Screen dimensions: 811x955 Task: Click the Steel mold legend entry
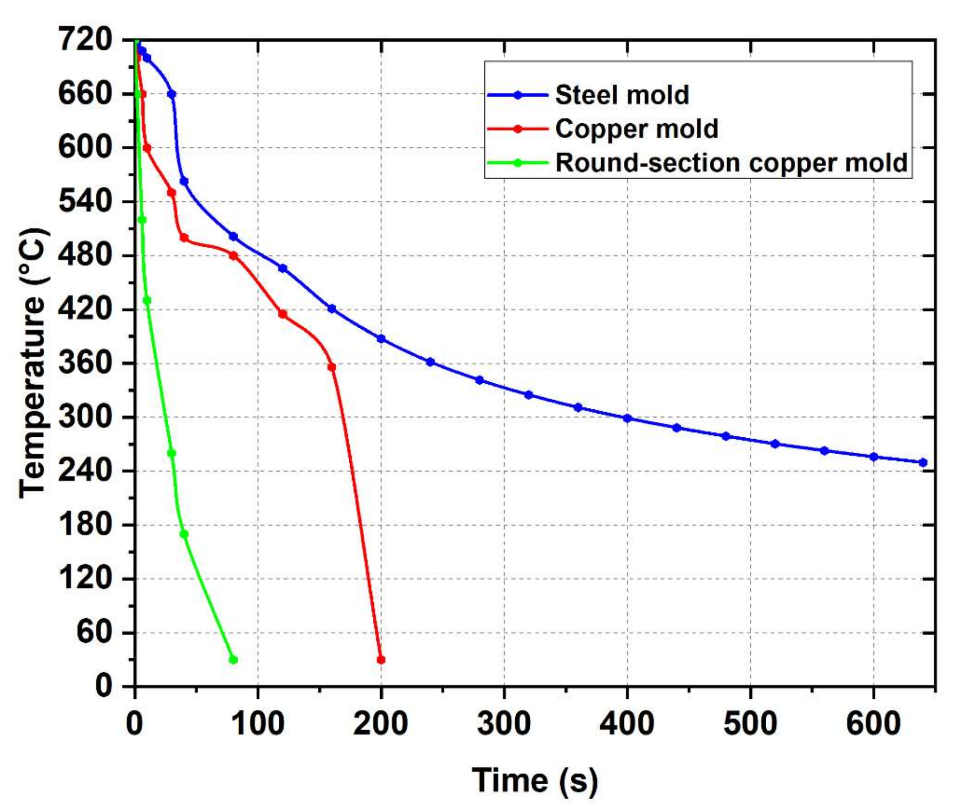[x=621, y=95]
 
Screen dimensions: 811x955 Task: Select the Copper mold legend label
[x=636, y=129]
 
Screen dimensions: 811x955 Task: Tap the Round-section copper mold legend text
[x=731, y=163]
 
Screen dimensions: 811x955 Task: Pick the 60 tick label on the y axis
[x=94, y=633]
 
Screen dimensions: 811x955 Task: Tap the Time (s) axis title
[x=535, y=780]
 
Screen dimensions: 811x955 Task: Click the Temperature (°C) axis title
[x=33, y=363]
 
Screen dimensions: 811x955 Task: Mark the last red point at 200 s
[x=381, y=660]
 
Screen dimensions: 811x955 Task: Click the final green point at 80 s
[x=233, y=660]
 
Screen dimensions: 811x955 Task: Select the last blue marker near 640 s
[x=922, y=462]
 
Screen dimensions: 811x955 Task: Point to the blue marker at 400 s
[x=627, y=418]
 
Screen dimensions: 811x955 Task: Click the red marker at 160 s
[x=332, y=367]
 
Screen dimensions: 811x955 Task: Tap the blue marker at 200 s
[x=381, y=339]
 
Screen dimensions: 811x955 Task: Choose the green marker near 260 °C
[x=171, y=453]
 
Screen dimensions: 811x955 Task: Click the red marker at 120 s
[x=282, y=314]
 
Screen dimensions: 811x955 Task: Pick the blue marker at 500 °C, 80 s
[x=233, y=236]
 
